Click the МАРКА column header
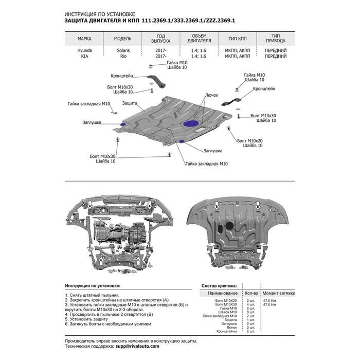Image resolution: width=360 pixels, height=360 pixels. (85, 39)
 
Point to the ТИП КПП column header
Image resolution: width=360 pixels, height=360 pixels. (231, 39)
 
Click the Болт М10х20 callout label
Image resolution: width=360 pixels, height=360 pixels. (250, 140)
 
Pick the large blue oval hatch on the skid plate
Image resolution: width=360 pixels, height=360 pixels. (192, 123)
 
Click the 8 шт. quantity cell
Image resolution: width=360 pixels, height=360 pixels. (251, 312)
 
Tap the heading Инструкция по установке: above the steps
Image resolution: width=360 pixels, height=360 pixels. (93, 285)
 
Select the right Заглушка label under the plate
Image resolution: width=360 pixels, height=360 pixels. (212, 151)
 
